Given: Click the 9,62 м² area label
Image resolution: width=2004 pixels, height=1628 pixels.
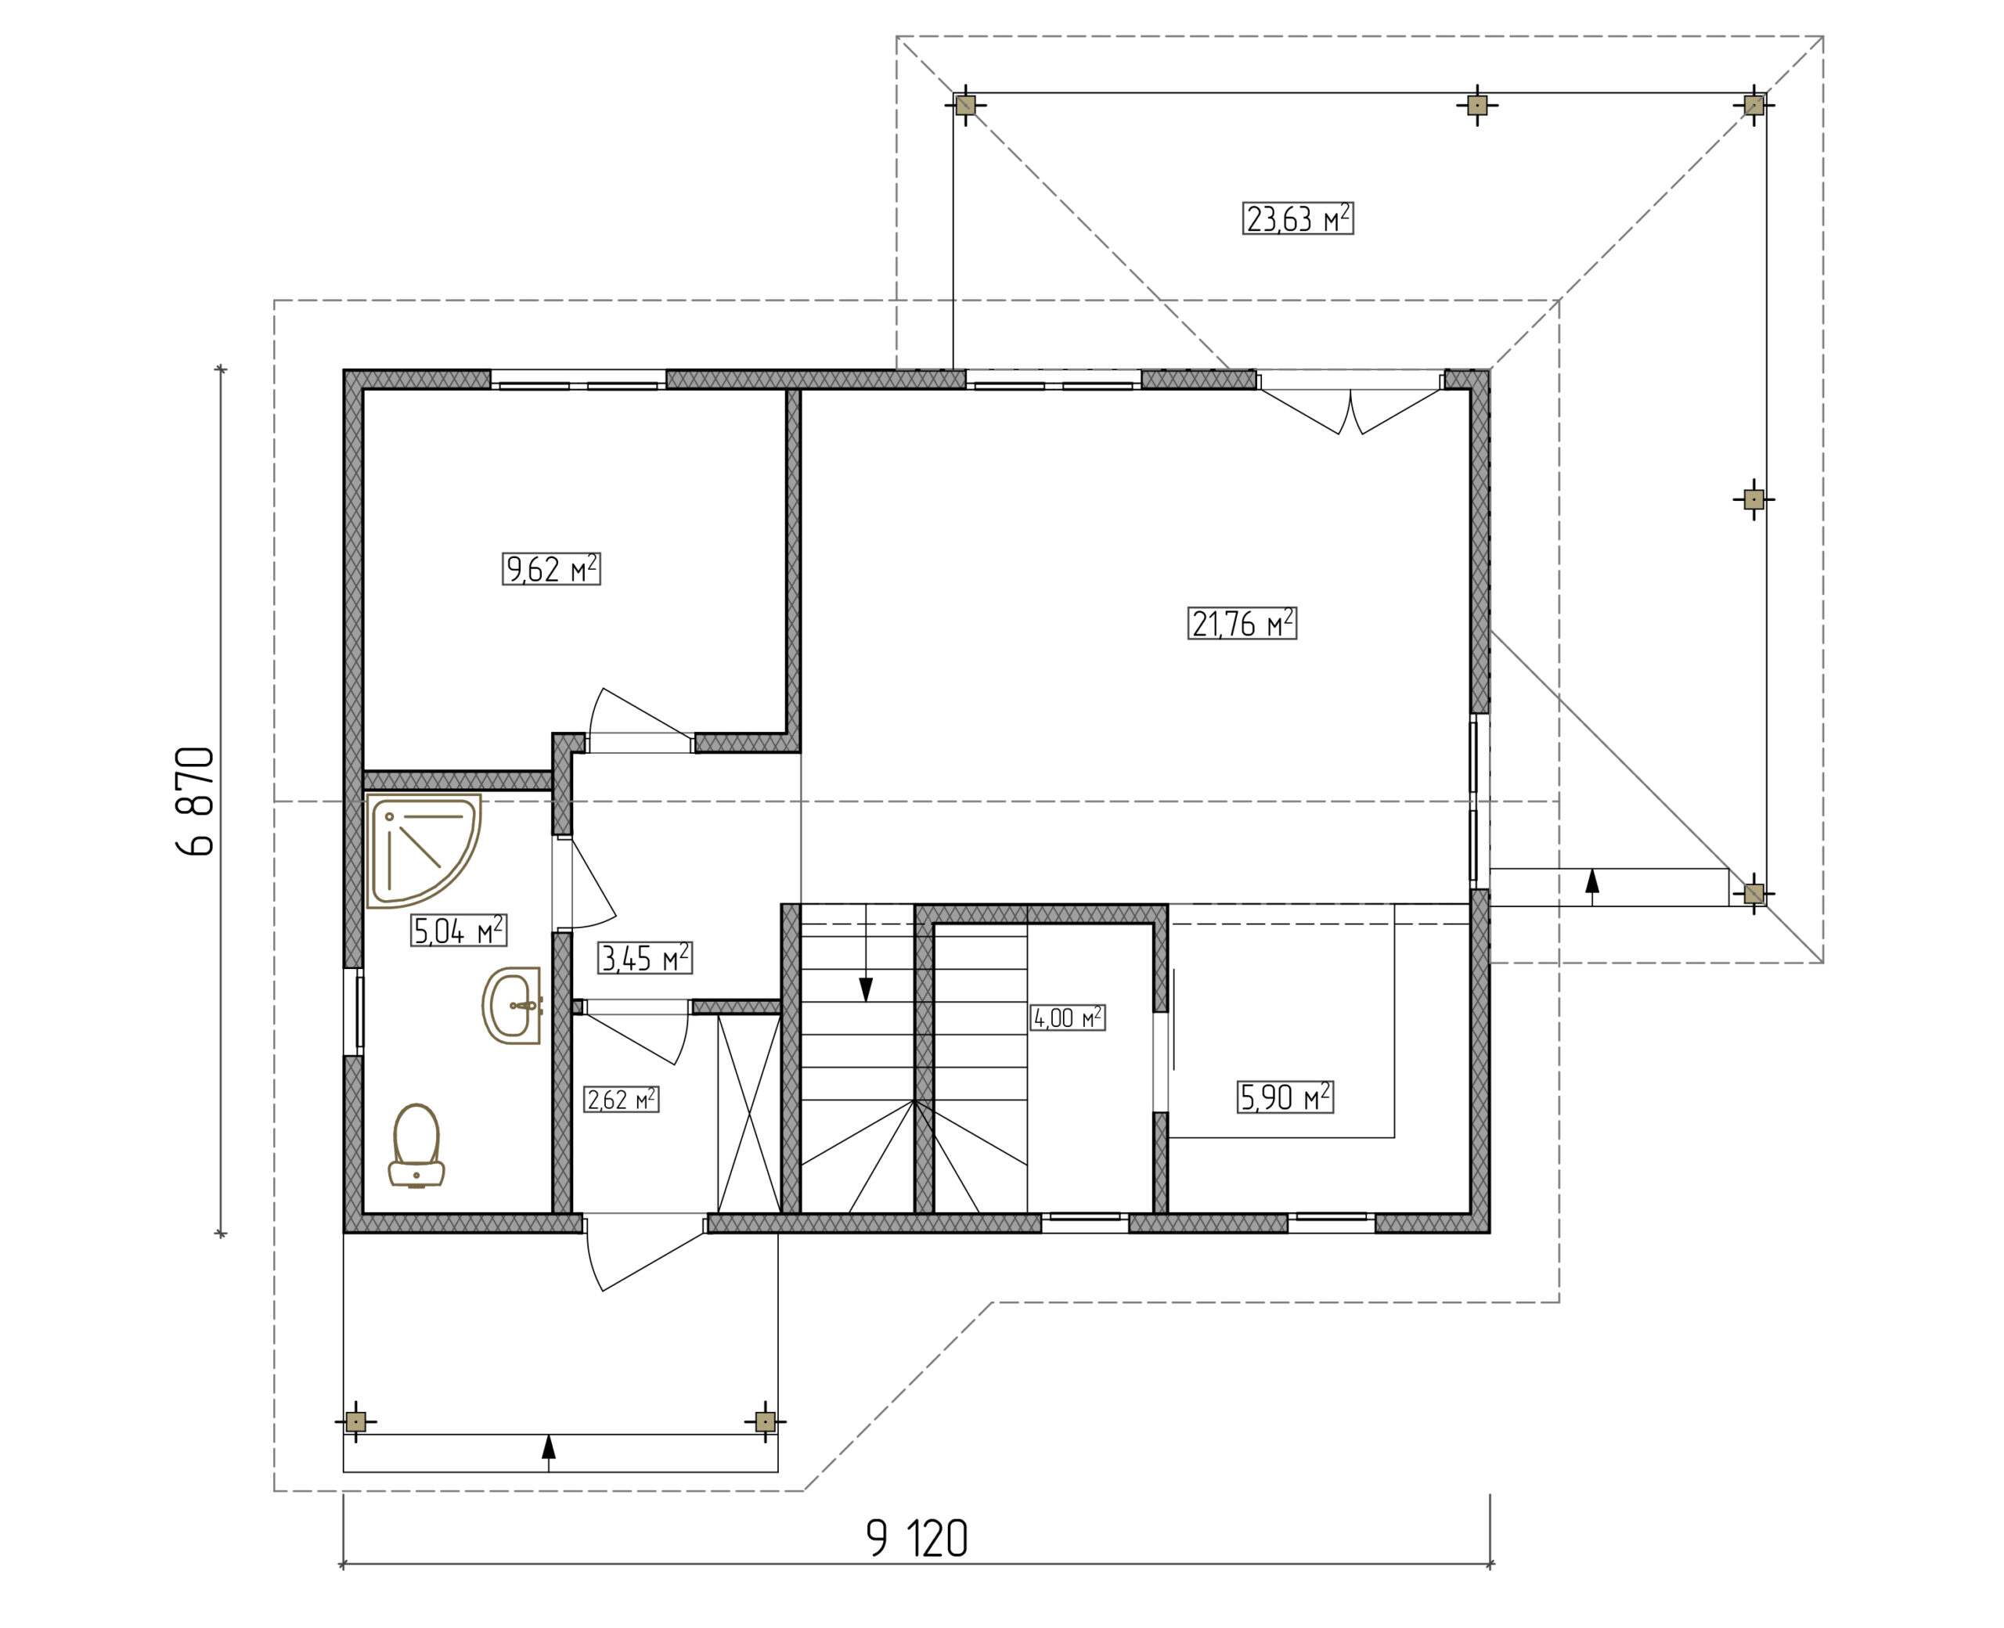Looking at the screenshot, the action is pyautogui.click(x=550, y=569).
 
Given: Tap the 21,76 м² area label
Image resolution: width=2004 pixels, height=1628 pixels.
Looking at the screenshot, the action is pyautogui.click(x=1242, y=624).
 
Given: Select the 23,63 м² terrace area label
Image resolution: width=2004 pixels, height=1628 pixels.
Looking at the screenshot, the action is pyautogui.click(x=1298, y=218).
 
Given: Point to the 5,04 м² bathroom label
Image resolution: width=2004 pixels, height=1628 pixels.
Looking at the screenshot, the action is pyautogui.click(x=459, y=931).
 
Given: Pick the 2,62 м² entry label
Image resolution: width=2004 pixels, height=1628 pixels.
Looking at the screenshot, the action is pyautogui.click(x=621, y=1099).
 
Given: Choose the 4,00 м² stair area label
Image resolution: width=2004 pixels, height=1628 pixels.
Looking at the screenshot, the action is pyautogui.click(x=1067, y=1017).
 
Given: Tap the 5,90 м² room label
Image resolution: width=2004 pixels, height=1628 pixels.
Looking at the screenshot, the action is pyautogui.click(x=1285, y=1097).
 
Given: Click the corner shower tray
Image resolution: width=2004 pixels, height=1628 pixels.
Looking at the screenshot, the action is pyautogui.click(x=423, y=852).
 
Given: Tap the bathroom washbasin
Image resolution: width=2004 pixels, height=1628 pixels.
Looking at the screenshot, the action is pyautogui.click(x=511, y=1005).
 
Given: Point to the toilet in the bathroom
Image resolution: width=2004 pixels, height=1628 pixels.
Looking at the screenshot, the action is pyautogui.click(x=416, y=1145).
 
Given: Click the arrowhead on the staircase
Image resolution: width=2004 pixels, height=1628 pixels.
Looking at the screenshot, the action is pyautogui.click(x=866, y=989).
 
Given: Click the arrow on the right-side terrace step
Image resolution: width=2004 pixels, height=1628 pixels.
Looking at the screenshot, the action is pyautogui.click(x=1591, y=881).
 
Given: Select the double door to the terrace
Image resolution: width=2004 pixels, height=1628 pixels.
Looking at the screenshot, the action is pyautogui.click(x=1350, y=410).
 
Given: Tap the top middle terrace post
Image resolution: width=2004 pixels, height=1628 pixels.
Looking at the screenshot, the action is pyautogui.click(x=1477, y=105).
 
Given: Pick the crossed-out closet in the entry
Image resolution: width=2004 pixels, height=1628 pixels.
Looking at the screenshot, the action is pyautogui.click(x=748, y=1114).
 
